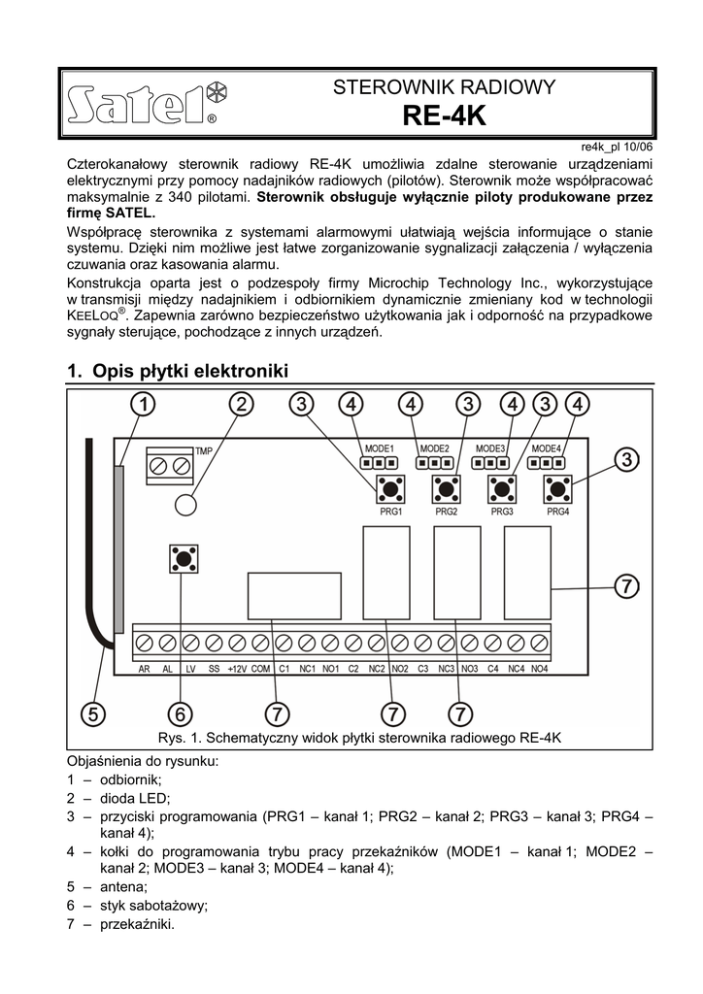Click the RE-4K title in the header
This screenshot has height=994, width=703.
(443, 116)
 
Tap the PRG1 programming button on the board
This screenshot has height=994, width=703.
(391, 488)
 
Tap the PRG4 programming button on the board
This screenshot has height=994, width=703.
(557, 488)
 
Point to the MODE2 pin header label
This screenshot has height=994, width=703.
(434, 448)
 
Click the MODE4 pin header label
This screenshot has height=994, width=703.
(547, 448)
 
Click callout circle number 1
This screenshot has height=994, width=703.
(142, 404)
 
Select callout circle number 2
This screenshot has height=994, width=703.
(241, 404)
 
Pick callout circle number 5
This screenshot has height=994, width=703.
(92, 713)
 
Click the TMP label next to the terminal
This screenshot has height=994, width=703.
(204, 451)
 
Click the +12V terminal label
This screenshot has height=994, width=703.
(237, 670)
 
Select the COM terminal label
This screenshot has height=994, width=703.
(260, 670)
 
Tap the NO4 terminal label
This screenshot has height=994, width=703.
(540, 670)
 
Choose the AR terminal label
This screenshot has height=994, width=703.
(144, 670)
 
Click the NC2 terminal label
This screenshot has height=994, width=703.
(377, 670)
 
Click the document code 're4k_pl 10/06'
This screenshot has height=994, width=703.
(617, 146)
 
